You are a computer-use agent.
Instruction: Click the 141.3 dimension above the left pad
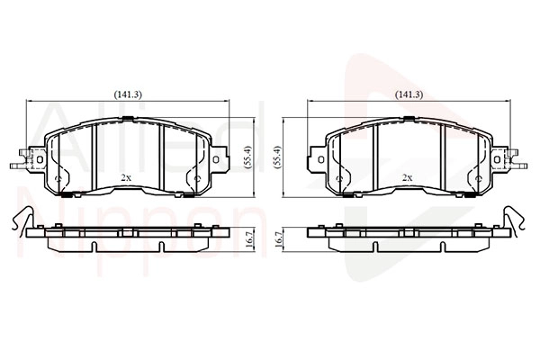click(x=128, y=94)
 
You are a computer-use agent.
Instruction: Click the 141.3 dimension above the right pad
click(x=409, y=94)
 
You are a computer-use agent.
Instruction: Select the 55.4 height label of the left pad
click(x=248, y=157)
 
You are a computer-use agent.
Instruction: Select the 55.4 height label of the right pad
click(x=277, y=157)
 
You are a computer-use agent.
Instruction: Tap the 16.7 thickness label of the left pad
click(x=249, y=238)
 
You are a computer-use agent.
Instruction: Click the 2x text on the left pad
click(x=126, y=178)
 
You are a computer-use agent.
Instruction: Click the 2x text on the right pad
click(x=408, y=178)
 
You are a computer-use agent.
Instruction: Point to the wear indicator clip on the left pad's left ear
click(x=22, y=159)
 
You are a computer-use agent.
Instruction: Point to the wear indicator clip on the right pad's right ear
click(x=516, y=159)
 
